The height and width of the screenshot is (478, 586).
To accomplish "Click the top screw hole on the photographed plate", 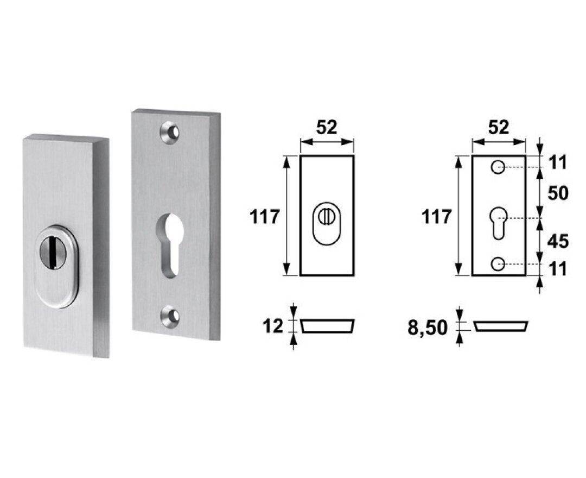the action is (170, 133).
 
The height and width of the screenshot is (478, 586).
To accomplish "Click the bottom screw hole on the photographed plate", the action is (170, 317).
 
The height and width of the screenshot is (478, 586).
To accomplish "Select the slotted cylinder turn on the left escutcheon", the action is (53, 252).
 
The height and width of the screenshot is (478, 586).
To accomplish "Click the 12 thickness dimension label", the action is (273, 326).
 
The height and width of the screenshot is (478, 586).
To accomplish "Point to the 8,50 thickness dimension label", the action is (427, 328).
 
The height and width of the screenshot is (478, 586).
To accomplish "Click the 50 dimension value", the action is (558, 193).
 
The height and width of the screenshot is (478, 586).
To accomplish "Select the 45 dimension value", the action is (558, 241).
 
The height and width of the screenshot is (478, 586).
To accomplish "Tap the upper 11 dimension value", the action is (558, 163).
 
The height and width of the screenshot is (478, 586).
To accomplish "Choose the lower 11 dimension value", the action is (558, 269).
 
